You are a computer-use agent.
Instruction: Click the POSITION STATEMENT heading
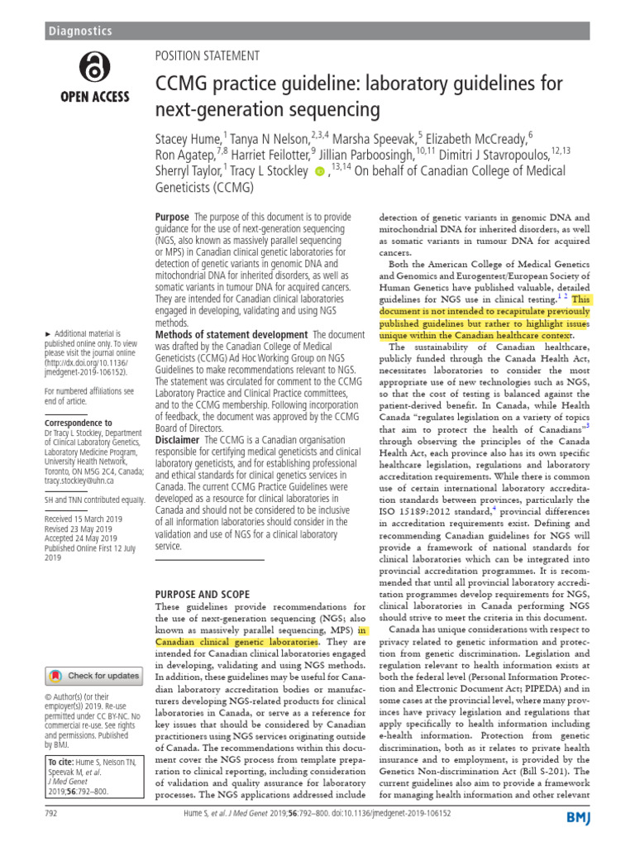[x=208, y=56]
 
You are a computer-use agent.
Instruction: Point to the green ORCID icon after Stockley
[x=319, y=172]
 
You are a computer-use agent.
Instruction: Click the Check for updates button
[x=93, y=676]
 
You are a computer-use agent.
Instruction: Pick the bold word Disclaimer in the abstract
[x=178, y=440]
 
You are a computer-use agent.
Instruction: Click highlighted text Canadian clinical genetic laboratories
[x=236, y=642]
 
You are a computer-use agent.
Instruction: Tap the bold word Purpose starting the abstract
[x=173, y=217]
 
